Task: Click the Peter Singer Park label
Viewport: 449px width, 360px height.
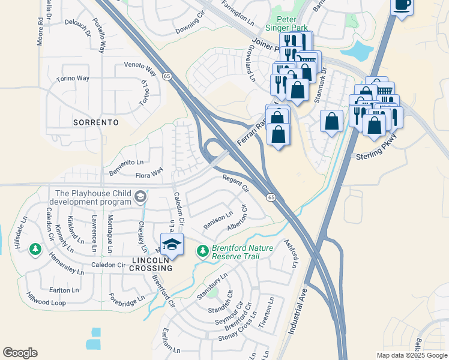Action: [x=287, y=23]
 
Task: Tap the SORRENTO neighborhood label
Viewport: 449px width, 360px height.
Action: [x=95, y=122]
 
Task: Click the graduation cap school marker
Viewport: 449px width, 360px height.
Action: [x=172, y=245]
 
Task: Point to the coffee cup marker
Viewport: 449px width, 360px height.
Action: [x=402, y=6]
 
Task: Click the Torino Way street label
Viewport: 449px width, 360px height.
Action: [x=72, y=79]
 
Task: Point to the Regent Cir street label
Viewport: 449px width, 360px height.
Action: [x=235, y=183]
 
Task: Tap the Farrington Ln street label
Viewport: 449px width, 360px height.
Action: [x=238, y=10]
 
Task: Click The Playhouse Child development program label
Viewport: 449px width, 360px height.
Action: [x=93, y=197]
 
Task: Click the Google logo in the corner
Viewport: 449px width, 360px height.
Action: [x=20, y=353]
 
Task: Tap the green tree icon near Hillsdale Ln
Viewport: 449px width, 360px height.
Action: [x=35, y=248]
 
